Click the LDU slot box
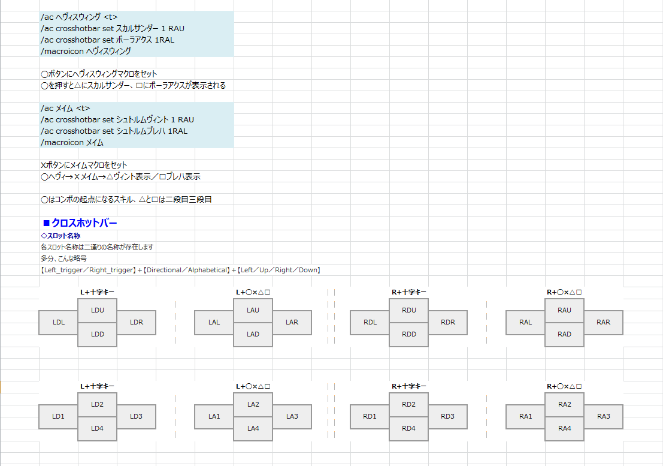click(x=97, y=310)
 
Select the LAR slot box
click(x=292, y=322)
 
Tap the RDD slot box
click(x=408, y=334)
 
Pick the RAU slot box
click(x=564, y=310)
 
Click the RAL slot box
click(x=525, y=322)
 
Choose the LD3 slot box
click(x=136, y=416)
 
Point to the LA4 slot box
click(x=253, y=428)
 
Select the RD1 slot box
click(x=370, y=416)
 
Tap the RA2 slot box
click(x=564, y=404)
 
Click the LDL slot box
click(x=58, y=322)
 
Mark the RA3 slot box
click(x=603, y=416)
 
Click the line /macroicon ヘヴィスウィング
click(x=86, y=51)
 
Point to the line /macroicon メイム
click(x=72, y=142)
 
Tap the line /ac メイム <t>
click(x=65, y=108)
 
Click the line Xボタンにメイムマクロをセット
click(x=84, y=165)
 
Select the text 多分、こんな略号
click(x=63, y=258)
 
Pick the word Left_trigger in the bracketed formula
click(x=64, y=270)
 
